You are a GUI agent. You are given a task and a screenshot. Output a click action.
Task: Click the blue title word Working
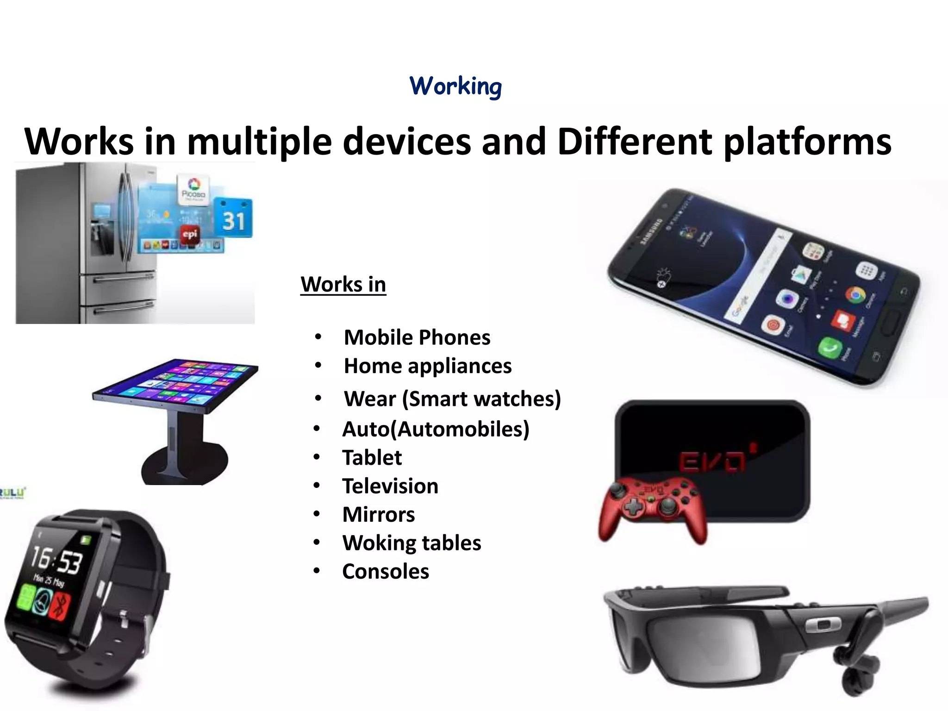coord(455,87)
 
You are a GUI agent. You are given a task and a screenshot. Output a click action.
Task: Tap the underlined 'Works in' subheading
coord(343,284)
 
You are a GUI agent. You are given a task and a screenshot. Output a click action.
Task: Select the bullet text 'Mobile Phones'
coord(417,337)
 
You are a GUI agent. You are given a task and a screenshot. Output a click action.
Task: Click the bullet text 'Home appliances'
coord(427,366)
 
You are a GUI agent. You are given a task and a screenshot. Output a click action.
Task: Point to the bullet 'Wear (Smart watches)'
coord(452,399)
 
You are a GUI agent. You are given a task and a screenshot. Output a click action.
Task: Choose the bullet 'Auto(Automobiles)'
coord(435,429)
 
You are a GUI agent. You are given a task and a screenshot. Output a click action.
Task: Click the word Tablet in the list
coord(372,458)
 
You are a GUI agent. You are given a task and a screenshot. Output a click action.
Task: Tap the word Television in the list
coord(390,486)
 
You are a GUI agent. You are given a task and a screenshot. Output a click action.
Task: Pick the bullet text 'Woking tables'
coord(411,543)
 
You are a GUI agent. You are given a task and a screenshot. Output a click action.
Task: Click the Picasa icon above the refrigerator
coord(194,189)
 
